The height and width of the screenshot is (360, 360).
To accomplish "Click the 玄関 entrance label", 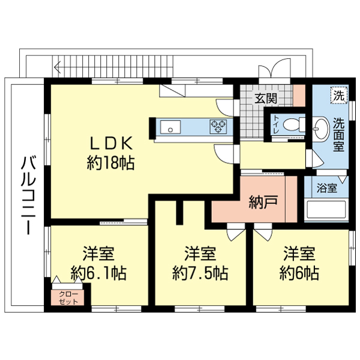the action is pyautogui.click(x=266, y=98).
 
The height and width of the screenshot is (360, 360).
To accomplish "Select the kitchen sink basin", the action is pyautogui.click(x=170, y=127).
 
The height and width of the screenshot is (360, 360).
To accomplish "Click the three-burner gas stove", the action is pyautogui.click(x=218, y=127).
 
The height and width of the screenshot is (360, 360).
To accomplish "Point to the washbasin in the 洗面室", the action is pyautogui.click(x=321, y=129).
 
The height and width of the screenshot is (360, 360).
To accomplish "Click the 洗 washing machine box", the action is pyautogui.click(x=339, y=96).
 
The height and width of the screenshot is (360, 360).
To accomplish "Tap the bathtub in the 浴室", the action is pyautogui.click(x=326, y=210).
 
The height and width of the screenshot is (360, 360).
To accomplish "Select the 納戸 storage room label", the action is pyautogui.click(x=263, y=202).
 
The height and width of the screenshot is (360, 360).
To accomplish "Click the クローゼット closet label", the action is pyautogui.click(x=68, y=298).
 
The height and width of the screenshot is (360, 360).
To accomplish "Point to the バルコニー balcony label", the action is pyautogui.click(x=28, y=195).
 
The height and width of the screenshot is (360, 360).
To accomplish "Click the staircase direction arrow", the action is pyautogui.click(x=58, y=67).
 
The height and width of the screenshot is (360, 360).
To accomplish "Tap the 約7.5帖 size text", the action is pyautogui.click(x=200, y=273).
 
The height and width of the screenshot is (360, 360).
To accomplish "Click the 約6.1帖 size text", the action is pyautogui.click(x=98, y=273).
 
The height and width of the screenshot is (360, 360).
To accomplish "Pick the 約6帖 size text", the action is pyautogui.click(x=299, y=273).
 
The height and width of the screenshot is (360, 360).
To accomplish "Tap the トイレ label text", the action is pyautogui.click(x=276, y=125).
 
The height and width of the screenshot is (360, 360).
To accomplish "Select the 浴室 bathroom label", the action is pyautogui.click(x=327, y=188).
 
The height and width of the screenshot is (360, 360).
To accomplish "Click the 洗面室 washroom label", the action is pyautogui.click(x=339, y=134).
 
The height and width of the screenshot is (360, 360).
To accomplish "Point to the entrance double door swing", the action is pyautogui.click(x=274, y=68).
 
